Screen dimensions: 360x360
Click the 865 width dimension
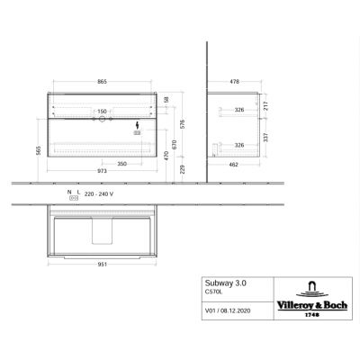click(102, 82)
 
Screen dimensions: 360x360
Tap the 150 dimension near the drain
click(102, 113)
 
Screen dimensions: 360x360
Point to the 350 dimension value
click(120, 165)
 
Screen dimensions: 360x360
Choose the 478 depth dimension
click(235, 82)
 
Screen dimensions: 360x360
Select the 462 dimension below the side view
click(235, 165)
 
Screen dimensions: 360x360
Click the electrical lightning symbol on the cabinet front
click(138, 125)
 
